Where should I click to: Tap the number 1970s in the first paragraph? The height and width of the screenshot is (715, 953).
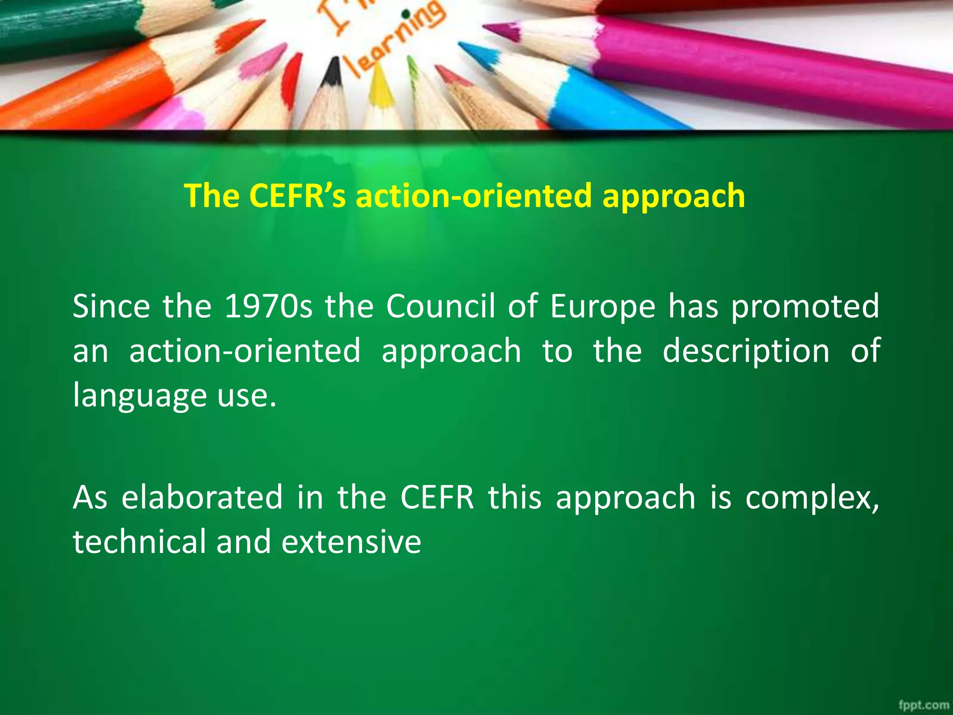[x=268, y=307]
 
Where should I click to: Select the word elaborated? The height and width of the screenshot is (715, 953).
[x=202, y=498]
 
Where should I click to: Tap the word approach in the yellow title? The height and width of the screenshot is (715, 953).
[x=673, y=196]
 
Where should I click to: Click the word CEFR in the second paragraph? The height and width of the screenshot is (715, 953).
[x=436, y=498]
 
